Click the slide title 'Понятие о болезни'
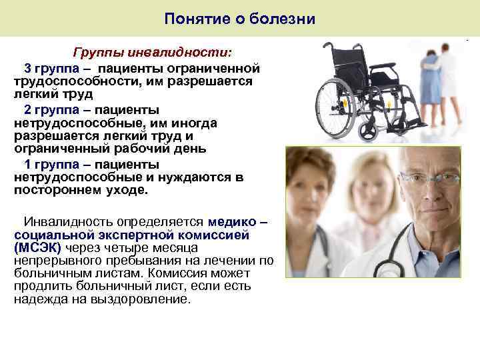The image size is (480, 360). coord(240,18)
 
